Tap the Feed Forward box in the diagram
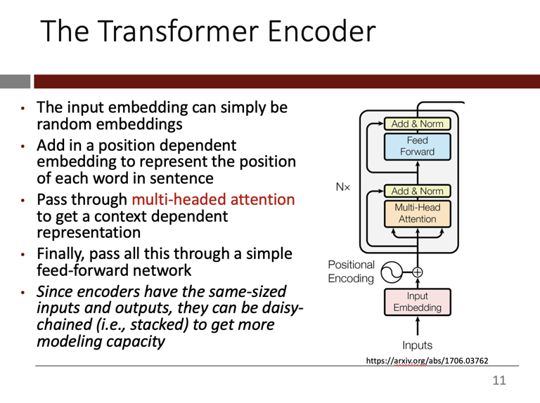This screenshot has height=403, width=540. click(417, 146)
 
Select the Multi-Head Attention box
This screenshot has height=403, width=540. click(417, 213)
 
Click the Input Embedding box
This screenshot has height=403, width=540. click(417, 301)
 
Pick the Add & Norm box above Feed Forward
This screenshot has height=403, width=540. click(417, 124)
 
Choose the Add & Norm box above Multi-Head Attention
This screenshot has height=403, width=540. click(417, 191)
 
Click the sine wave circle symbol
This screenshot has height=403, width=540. click(389, 271)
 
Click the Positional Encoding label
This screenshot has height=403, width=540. click(352, 271)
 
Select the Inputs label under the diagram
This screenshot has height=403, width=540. click(417, 345)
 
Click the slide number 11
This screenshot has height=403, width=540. click(499, 382)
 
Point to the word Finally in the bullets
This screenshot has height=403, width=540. click(62, 253)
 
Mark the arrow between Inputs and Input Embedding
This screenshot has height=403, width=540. click(418, 326)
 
